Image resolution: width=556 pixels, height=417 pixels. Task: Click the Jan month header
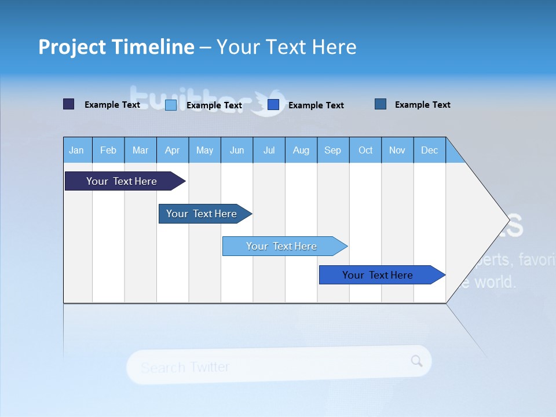(76, 150)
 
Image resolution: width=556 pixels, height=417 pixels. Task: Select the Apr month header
(172, 150)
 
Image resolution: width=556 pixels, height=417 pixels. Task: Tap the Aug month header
(301, 150)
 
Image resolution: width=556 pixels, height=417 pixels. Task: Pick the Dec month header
(429, 150)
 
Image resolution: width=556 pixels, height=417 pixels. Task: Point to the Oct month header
(365, 150)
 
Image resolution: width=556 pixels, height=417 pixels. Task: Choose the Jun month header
(236, 150)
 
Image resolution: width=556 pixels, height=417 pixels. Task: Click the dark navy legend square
(69, 104)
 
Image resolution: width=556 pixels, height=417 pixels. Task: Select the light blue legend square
(171, 105)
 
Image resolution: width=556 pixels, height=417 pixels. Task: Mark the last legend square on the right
(381, 104)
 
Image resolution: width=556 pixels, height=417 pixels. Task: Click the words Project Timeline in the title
(116, 47)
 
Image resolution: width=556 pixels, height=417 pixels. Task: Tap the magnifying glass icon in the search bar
(416, 361)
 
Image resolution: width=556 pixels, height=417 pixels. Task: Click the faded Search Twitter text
(185, 367)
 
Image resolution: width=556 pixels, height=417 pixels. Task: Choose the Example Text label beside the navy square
(112, 105)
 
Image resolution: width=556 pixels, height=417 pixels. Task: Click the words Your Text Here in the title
(287, 47)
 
